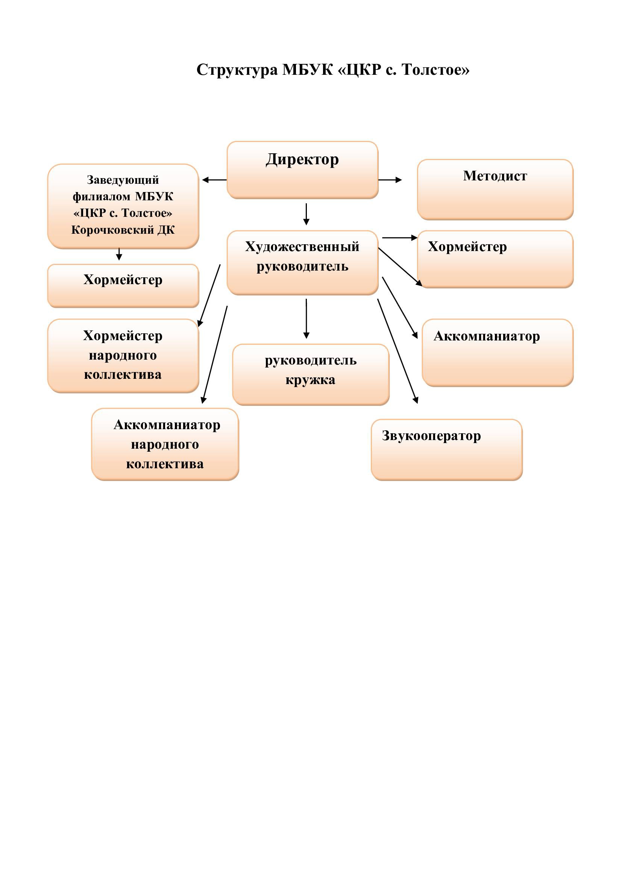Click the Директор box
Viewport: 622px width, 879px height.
pos(302,169)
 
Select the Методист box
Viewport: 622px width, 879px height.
pos(495,189)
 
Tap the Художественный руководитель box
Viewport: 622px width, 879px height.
pos(302,262)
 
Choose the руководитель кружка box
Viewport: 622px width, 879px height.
pos(311,374)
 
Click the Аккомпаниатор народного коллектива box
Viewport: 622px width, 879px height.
pos(165,444)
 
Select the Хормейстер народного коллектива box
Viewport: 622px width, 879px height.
pos(123,355)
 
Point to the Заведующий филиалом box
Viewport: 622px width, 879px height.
pos(123,206)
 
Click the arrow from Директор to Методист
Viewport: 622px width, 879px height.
pos(390,180)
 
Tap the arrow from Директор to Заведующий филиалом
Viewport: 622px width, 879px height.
pos(214,180)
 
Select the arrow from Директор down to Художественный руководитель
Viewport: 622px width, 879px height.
pos(306,214)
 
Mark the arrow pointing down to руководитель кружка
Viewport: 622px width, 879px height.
pos(306,319)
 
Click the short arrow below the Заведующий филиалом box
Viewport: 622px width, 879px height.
pos(119,254)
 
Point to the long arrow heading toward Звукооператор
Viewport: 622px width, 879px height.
pos(397,350)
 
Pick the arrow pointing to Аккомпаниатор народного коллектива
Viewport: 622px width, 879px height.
pos(215,354)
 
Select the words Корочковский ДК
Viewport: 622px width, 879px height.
pos(123,230)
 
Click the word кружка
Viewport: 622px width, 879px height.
pos(310,380)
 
